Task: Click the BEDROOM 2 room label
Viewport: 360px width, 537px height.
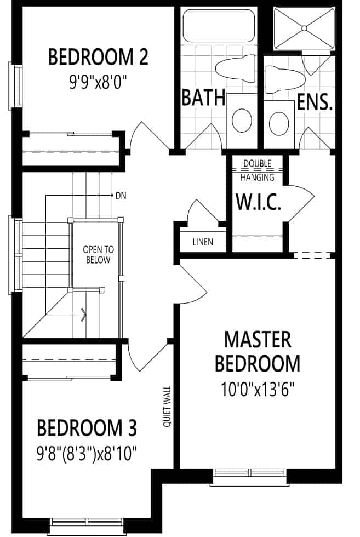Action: [98, 57]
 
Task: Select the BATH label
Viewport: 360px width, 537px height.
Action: [203, 98]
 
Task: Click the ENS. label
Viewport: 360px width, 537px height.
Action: [315, 102]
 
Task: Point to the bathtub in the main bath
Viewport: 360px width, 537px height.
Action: [219, 26]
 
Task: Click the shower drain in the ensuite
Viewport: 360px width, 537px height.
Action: [304, 28]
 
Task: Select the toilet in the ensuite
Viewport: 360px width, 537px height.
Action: [285, 80]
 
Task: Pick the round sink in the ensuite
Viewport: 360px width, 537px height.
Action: [279, 123]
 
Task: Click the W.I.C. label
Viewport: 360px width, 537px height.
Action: [259, 202]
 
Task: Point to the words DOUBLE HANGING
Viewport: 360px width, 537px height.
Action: [257, 170]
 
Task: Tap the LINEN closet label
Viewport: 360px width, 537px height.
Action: [203, 242]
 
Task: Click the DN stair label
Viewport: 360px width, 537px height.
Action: [121, 196]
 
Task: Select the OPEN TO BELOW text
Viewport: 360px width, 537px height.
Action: [98, 254]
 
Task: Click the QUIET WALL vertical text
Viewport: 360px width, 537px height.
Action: [167, 407]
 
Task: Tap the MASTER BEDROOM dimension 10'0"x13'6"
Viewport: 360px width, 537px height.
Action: [258, 390]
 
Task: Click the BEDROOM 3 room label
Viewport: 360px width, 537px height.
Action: [87, 428]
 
